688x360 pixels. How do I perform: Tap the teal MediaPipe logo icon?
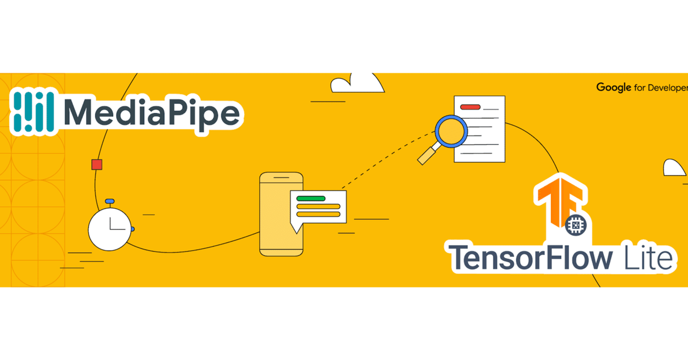(x=33, y=112)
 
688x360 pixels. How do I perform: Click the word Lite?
(x=648, y=257)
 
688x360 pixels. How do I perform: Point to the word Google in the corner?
(x=613, y=88)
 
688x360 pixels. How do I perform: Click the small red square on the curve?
(x=97, y=164)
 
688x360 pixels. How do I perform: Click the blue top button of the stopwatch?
(x=110, y=201)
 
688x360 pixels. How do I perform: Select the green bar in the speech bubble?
(x=311, y=198)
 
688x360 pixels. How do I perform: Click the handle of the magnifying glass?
(x=427, y=155)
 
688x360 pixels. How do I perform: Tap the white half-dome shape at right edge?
(x=675, y=168)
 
